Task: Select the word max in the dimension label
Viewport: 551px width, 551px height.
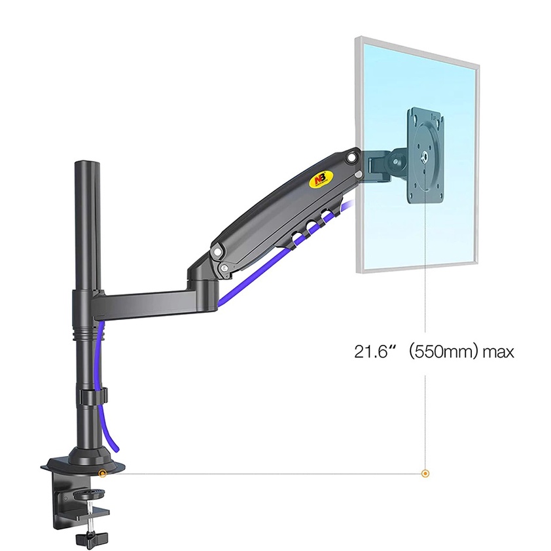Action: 498,351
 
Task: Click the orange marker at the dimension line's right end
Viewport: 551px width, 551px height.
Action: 426,472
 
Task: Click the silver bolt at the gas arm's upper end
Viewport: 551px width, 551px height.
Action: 353,158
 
